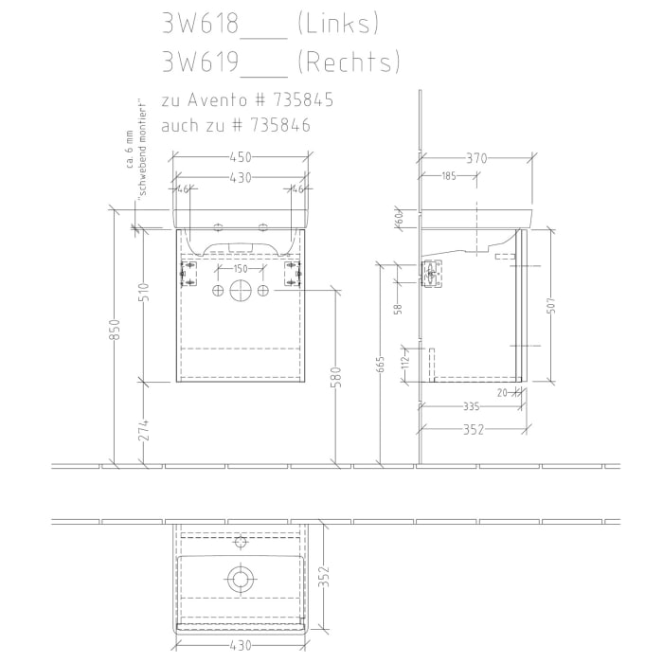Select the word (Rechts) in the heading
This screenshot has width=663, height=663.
[348, 63]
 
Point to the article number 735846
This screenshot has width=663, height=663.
[278, 125]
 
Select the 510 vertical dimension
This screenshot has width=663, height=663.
[143, 294]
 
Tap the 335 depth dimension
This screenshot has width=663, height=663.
[469, 406]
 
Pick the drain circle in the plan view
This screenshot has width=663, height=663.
[241, 577]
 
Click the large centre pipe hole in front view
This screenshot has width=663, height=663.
[241, 289]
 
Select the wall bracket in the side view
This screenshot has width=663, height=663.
[432, 274]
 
